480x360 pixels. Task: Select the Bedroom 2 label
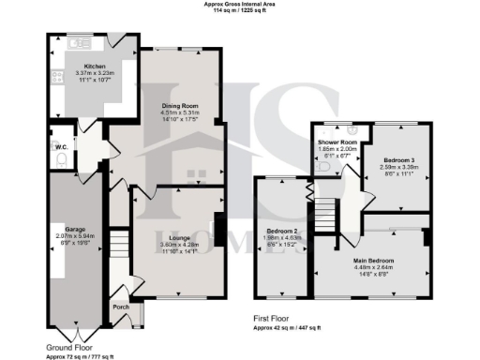(x=282, y=230)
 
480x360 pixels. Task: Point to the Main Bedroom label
(x=374, y=260)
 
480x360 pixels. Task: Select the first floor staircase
(x=325, y=209)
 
